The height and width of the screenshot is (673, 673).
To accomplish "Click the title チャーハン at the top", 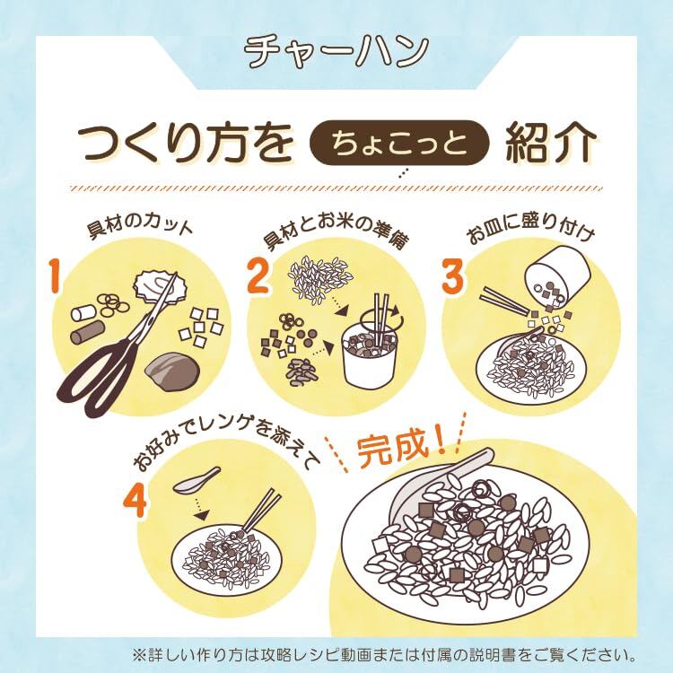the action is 336,51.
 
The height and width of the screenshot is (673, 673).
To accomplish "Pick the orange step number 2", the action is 258,276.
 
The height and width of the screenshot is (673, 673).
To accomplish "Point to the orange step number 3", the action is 454,276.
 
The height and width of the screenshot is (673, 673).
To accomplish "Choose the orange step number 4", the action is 135,500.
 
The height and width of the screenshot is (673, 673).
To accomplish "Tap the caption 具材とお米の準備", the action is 336,232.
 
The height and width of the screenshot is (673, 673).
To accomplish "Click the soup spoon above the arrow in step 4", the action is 197,480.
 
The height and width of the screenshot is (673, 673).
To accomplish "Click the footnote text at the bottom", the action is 385,655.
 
